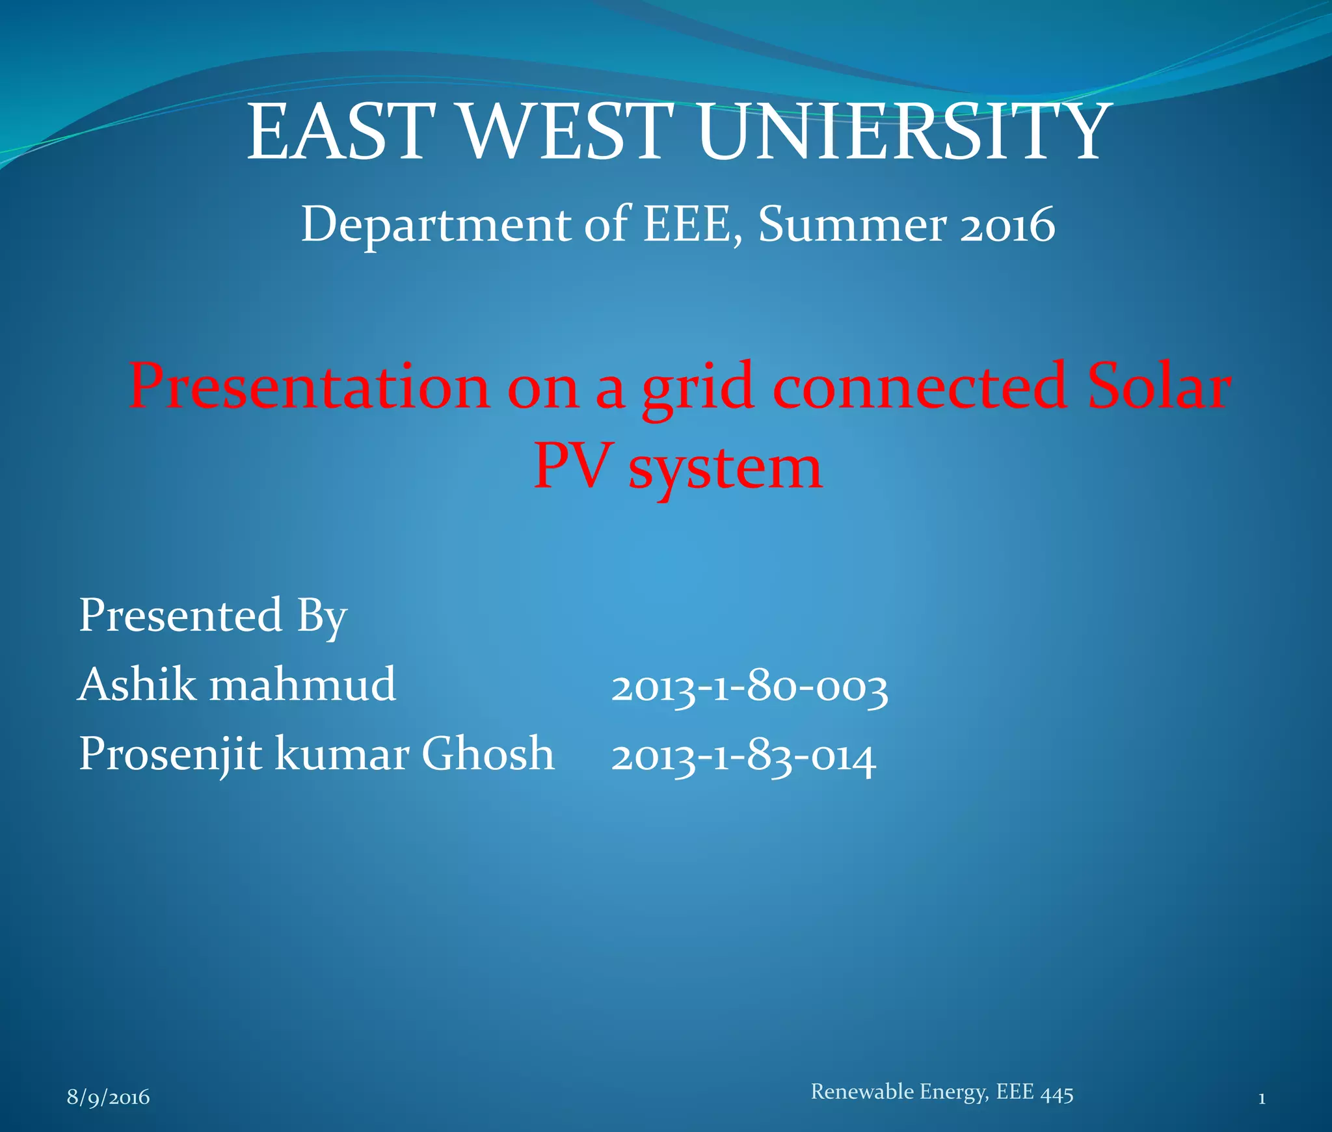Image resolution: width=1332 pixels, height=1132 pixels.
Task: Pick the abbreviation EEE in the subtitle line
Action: tap(688, 224)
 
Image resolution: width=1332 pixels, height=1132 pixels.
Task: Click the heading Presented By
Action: tap(213, 615)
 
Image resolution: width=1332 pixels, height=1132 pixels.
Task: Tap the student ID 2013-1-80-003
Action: tap(749, 688)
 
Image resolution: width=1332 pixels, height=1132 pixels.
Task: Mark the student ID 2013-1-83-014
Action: tap(743, 757)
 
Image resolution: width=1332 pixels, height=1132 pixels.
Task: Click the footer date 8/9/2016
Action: tap(109, 1097)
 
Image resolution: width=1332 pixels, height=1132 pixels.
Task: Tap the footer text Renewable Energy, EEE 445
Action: tap(942, 1092)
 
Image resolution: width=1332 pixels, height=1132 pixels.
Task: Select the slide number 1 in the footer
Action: tap(1261, 1099)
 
